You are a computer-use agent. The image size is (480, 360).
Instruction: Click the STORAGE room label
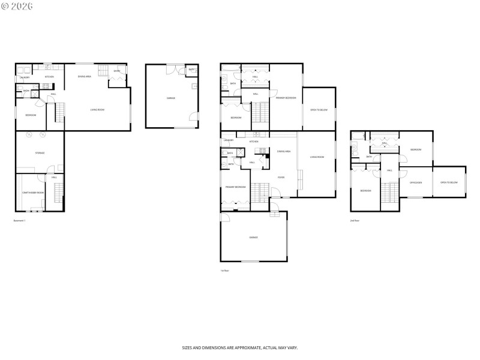click(x=40, y=153)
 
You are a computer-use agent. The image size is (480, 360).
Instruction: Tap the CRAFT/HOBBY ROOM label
click(x=33, y=192)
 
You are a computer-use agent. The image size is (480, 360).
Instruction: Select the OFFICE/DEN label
click(x=416, y=182)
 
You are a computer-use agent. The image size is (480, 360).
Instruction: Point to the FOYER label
click(x=280, y=177)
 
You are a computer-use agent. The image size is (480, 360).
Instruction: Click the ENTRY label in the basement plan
click(x=117, y=71)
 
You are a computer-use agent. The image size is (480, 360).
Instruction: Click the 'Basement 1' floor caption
click(x=20, y=221)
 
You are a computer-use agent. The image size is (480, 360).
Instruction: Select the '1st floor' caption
click(x=224, y=271)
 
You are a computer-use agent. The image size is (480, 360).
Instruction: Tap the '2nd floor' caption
click(x=355, y=221)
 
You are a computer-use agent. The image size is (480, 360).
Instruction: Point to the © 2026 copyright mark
click(x=17, y=6)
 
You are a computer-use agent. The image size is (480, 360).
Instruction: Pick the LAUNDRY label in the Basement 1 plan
click(x=25, y=77)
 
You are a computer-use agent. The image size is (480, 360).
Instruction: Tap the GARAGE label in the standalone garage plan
click(x=171, y=98)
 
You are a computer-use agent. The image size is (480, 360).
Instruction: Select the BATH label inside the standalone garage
click(x=191, y=70)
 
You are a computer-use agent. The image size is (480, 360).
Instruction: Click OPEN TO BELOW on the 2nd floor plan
click(x=449, y=182)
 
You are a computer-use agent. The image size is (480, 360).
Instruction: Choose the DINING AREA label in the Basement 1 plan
click(x=86, y=77)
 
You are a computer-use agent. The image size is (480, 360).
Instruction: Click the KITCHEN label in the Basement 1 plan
click(x=50, y=77)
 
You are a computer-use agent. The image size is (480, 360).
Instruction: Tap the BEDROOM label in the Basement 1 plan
click(x=31, y=115)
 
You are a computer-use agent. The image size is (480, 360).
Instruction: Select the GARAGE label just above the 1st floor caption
click(x=254, y=238)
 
